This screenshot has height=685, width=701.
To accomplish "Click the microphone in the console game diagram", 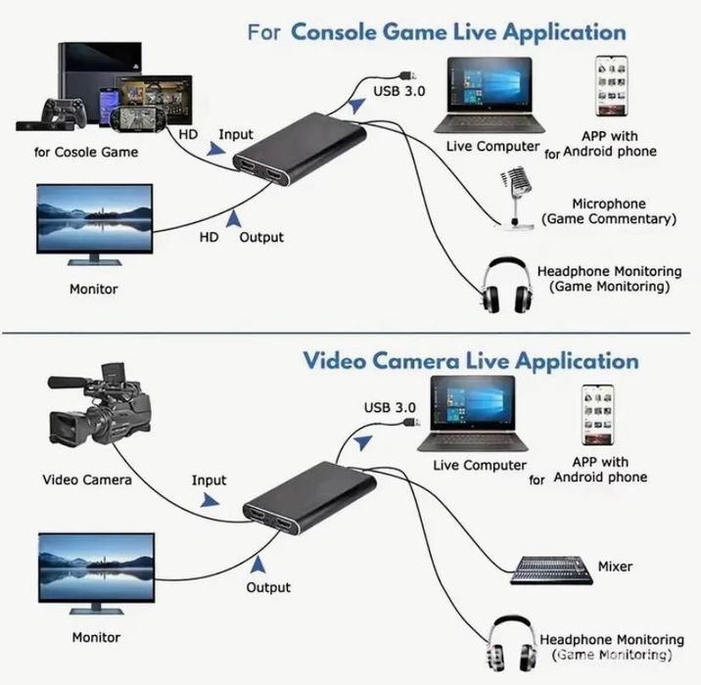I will point(514,196).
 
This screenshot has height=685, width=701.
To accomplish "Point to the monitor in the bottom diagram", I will point(95,574).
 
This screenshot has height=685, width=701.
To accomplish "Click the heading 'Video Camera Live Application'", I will point(470,360).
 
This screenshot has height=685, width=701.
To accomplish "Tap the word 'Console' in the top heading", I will point(333,32).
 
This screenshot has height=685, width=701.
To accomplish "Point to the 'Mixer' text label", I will point(614,567).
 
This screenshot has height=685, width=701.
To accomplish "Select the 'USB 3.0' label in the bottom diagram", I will point(390,407).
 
